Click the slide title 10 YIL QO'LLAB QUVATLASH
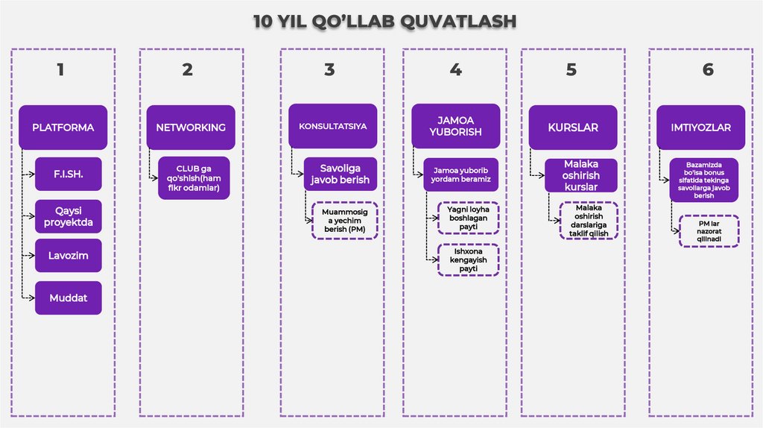click(384, 21)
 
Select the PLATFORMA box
click(63, 128)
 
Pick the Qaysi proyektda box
click(68, 216)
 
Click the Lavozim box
click(68, 256)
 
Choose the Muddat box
click(68, 298)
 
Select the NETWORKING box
click(191, 128)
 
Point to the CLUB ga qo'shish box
click(194, 177)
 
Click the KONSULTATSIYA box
click(332, 127)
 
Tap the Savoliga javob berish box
click(340, 174)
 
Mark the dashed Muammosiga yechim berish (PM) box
click(345, 220)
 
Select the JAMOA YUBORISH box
click(455, 126)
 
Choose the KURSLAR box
click(573, 128)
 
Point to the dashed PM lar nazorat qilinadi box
click(709, 230)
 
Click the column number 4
click(455, 69)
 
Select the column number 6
click(707, 69)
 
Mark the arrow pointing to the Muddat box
click(28, 298)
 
